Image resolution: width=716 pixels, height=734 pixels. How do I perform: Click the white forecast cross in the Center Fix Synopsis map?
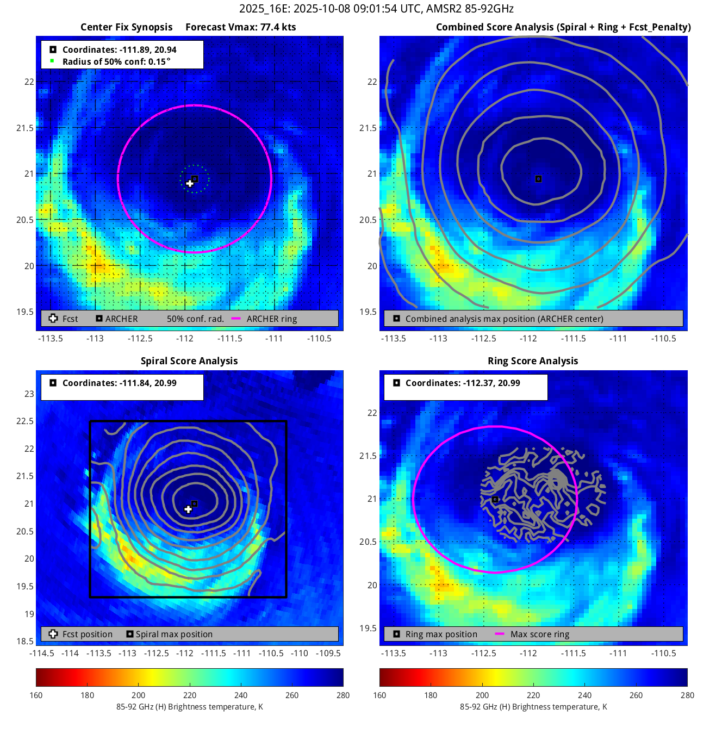pyautogui.click(x=190, y=183)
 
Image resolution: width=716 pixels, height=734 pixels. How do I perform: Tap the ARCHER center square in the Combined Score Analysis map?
pyautogui.click(x=538, y=179)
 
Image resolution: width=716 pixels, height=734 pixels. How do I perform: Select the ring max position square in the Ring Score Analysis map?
pyautogui.click(x=495, y=499)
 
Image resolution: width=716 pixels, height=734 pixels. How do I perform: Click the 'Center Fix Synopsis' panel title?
pyautogui.click(x=126, y=27)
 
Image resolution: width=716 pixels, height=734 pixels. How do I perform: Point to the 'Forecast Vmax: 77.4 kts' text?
pyautogui.click(x=240, y=27)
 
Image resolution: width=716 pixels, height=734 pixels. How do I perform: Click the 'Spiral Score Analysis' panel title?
pyautogui.click(x=189, y=361)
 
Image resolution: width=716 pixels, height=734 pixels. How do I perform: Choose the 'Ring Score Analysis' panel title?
pyautogui.click(x=533, y=361)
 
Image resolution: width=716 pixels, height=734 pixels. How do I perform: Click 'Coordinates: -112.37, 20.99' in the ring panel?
pyautogui.click(x=463, y=383)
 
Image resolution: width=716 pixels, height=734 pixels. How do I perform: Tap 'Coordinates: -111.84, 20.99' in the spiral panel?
pyautogui.click(x=120, y=383)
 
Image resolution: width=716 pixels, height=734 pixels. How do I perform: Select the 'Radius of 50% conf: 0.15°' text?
pyautogui.click(x=116, y=61)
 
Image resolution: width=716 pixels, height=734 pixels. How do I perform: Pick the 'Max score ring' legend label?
pyautogui.click(x=540, y=634)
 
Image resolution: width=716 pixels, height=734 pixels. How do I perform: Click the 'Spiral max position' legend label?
pyautogui.click(x=174, y=634)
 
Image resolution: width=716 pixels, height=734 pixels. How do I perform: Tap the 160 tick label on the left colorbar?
pyautogui.click(x=36, y=695)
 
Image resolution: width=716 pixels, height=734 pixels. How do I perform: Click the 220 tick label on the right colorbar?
pyautogui.click(x=533, y=695)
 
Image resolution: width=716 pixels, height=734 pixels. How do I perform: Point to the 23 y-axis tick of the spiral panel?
pyautogui.click(x=29, y=394)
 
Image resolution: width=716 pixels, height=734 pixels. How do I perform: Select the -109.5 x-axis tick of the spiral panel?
pyautogui.click(x=328, y=653)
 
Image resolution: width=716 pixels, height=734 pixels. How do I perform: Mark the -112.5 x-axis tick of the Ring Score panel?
pyautogui.click(x=483, y=653)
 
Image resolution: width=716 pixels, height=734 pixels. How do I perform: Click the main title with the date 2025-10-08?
pyautogui.click(x=376, y=9)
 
